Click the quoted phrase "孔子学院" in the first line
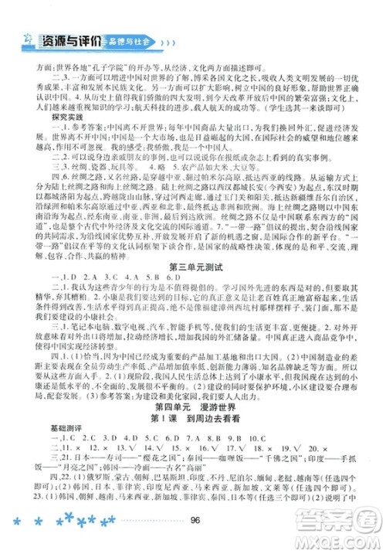click(x=104, y=67)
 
